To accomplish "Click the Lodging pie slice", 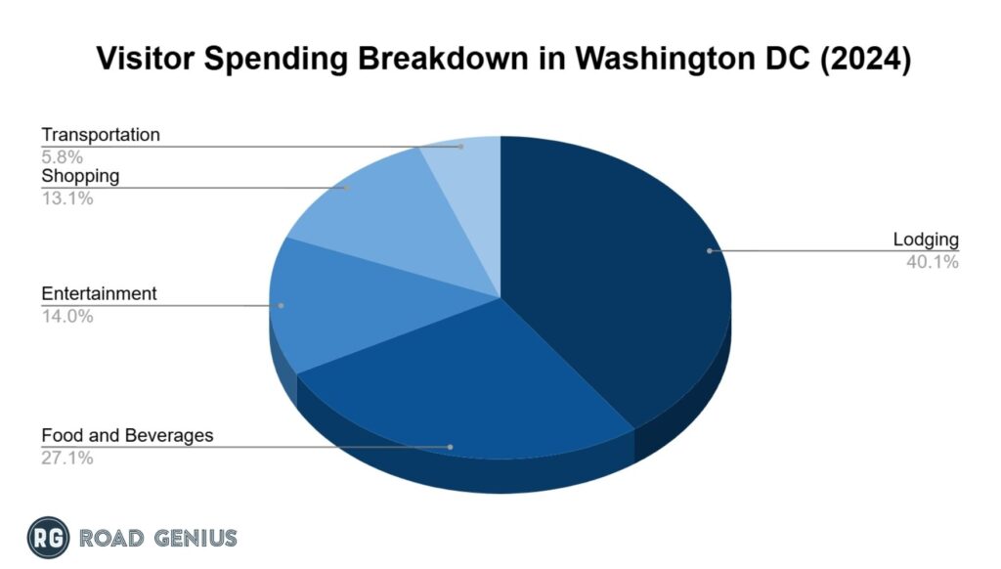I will [616, 274].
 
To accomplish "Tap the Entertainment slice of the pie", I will [332, 303].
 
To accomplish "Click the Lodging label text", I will [926, 240].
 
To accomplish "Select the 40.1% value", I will [933, 261].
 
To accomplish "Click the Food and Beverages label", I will [127, 435].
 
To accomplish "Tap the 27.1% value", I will [67, 457].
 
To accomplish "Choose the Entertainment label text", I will [99, 294].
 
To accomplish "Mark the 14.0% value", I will [67, 316].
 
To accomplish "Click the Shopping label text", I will [80, 176].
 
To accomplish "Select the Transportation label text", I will [100, 134].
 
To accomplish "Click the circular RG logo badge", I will [48, 537].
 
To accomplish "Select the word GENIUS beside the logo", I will [195, 538].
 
